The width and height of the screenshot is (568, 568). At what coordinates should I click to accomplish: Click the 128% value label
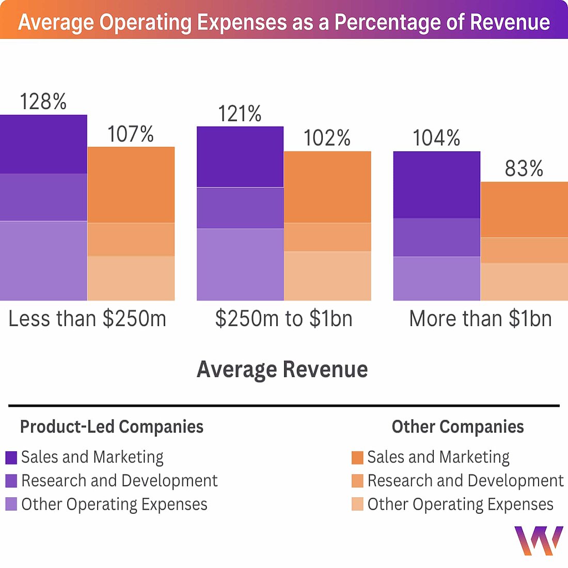tap(43, 102)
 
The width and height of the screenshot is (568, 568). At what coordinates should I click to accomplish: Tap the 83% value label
tap(524, 169)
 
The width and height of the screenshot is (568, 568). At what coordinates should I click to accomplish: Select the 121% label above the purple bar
tap(240, 114)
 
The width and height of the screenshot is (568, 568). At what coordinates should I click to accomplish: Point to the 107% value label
tap(131, 135)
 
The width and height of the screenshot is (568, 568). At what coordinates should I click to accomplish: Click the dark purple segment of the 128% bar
tap(43, 144)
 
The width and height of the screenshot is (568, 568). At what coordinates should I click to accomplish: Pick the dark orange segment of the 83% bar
tap(524, 210)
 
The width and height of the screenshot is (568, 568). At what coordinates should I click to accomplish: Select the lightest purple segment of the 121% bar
tap(240, 264)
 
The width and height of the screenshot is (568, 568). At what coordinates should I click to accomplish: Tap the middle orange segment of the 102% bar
tap(327, 237)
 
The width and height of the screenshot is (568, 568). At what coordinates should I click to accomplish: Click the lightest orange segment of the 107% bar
tap(131, 278)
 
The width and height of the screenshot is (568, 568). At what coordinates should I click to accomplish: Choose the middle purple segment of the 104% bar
tap(437, 238)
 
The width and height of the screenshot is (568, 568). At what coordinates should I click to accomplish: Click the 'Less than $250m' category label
tap(87, 319)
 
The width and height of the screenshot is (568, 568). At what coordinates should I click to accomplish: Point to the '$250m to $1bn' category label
tap(283, 319)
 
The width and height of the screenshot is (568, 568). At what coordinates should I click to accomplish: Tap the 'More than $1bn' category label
tap(480, 319)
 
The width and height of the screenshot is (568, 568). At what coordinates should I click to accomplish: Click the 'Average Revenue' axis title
tap(282, 370)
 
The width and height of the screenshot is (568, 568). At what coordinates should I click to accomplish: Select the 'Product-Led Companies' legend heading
tap(112, 427)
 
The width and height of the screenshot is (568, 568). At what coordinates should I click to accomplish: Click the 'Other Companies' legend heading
tap(457, 427)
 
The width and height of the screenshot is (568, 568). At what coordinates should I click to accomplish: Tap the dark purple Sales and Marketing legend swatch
tap(11, 457)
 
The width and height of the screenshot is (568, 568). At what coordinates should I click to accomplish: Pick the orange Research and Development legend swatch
tap(357, 481)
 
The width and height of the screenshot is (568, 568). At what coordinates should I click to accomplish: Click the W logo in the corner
tap(539, 541)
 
